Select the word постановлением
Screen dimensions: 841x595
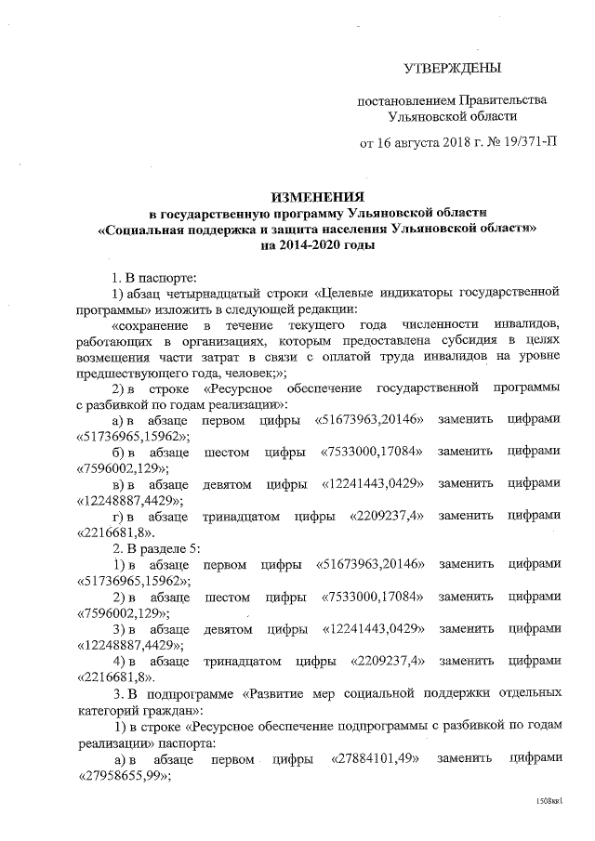pos(405,99)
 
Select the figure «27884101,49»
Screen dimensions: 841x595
pos(375,759)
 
